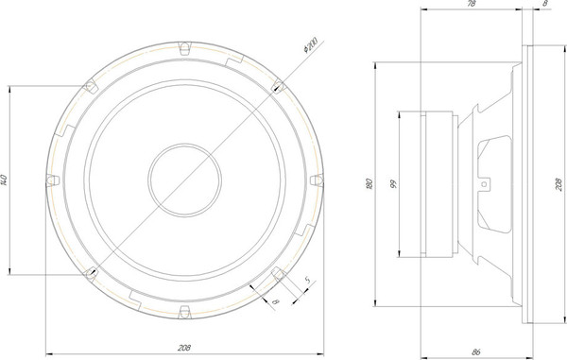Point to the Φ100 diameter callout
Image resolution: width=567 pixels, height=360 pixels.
(x=310, y=44)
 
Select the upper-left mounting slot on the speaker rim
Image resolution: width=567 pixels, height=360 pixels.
(x=92, y=86)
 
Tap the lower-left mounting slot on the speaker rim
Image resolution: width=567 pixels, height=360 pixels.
(x=92, y=273)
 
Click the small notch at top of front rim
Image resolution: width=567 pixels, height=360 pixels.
(x=184, y=44)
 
